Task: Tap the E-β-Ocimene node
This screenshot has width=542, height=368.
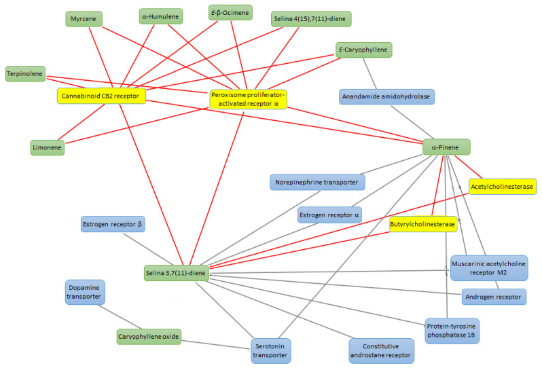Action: point(230,12)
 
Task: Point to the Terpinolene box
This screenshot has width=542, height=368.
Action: point(25,72)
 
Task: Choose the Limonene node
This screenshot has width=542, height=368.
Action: point(48,147)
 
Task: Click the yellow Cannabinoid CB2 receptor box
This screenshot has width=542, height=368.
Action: point(101,96)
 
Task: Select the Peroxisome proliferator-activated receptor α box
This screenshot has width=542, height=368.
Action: point(249,99)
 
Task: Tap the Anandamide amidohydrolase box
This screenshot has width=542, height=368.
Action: point(386,96)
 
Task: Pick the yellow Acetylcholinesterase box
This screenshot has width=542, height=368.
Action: point(503,186)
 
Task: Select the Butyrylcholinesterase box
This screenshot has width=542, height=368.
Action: point(422,224)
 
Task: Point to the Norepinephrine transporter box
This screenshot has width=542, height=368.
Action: point(318,181)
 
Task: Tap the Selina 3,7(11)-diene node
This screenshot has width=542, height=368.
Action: point(175,273)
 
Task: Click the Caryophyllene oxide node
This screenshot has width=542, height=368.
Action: point(149,337)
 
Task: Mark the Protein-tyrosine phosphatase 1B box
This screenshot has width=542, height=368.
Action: point(452,329)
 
